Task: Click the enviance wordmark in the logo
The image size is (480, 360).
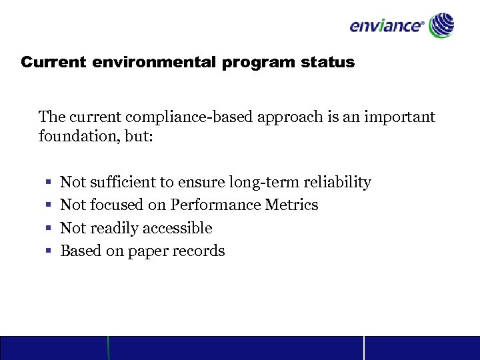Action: coord(387,27)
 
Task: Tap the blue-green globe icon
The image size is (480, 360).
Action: coord(441,25)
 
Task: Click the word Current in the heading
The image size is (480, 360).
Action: coord(53,63)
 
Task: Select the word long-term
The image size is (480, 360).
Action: coord(271,182)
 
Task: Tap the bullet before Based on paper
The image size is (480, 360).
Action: coord(49,251)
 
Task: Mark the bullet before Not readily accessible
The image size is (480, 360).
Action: coord(49,229)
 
